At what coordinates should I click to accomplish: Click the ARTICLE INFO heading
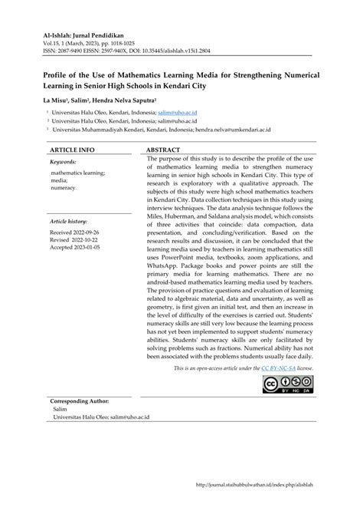(72, 150)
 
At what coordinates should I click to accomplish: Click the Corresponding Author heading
(80, 401)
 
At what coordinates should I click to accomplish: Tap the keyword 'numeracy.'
(64, 188)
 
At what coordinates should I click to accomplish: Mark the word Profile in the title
(60, 76)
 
